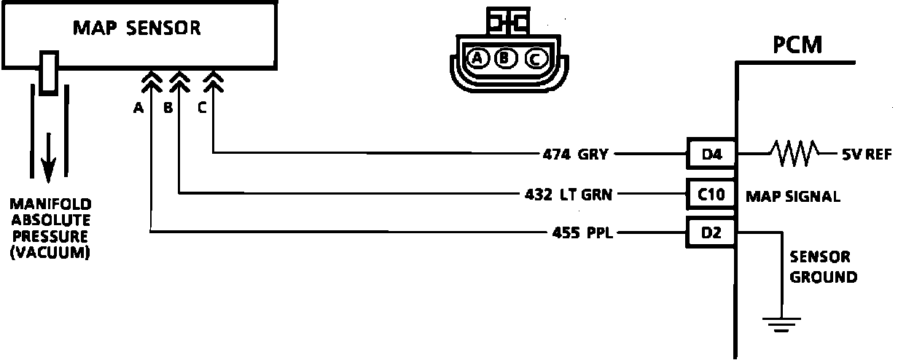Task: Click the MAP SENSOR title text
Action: (x=137, y=28)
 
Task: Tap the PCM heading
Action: (x=798, y=46)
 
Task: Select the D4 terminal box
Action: (x=712, y=154)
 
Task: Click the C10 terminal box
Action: (x=712, y=195)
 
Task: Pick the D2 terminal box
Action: (x=712, y=234)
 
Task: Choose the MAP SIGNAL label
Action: (x=792, y=196)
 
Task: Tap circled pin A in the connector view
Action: (x=478, y=58)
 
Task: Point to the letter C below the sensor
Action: (x=202, y=108)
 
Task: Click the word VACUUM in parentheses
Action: (x=50, y=254)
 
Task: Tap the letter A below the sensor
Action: (x=138, y=108)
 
